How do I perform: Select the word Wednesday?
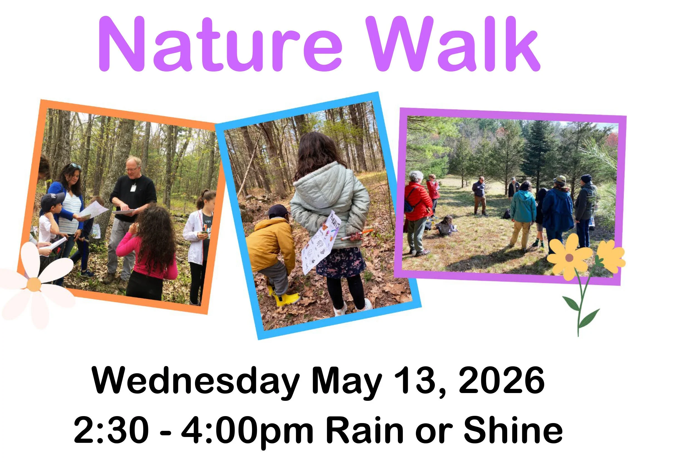(x=196, y=381)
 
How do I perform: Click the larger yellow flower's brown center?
(x=569, y=257)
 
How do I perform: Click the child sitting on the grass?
(x=446, y=226)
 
